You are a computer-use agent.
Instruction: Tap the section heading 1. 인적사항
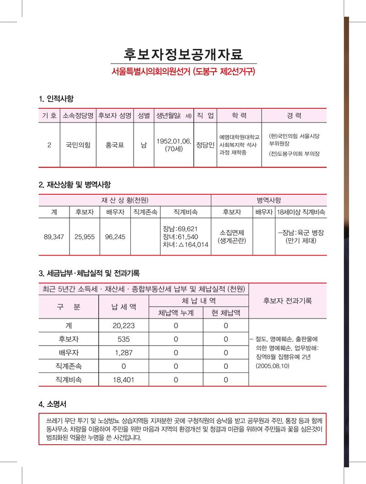[x=56, y=99]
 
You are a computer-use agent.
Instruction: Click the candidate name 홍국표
[x=114, y=145]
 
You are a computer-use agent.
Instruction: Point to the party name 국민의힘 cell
[x=77, y=145]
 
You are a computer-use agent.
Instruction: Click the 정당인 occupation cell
[x=205, y=145]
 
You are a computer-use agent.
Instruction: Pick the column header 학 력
[x=239, y=116]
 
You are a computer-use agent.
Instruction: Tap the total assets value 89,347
[x=54, y=237]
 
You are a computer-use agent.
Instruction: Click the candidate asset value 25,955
[x=85, y=237]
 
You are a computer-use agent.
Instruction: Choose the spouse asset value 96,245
[x=115, y=237]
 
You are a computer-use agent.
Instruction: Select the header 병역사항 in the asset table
[x=269, y=200]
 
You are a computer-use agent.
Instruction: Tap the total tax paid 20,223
[x=124, y=326]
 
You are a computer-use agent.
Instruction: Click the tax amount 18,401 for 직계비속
[x=124, y=379]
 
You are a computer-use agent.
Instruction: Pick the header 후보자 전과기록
[x=287, y=301]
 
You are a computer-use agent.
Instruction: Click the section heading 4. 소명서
[x=54, y=404]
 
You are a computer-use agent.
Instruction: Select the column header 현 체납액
[x=226, y=313]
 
